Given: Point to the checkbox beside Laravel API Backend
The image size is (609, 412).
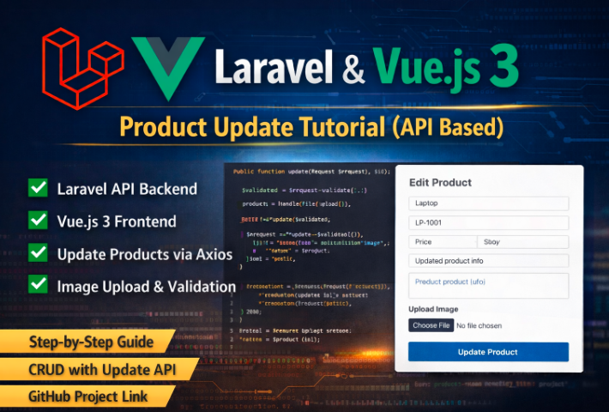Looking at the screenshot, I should [x=38, y=188].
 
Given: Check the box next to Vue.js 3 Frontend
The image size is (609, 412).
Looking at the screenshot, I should [x=38, y=221].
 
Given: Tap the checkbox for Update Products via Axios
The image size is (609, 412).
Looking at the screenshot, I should [x=38, y=253].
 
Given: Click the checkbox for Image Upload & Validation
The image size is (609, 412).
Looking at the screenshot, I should [x=38, y=285].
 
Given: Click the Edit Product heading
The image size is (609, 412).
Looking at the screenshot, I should [x=440, y=183].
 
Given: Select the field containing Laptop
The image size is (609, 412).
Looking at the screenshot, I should [x=488, y=204].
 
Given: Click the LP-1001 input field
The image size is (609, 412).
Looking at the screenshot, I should [x=488, y=223].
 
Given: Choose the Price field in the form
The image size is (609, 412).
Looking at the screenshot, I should [x=442, y=242].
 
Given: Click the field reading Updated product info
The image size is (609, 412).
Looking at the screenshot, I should [x=488, y=261].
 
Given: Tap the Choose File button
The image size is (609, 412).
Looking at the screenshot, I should [x=431, y=325].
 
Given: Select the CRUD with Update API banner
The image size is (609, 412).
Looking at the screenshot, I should [x=93, y=370].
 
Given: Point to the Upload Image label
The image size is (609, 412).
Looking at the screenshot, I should [x=433, y=309].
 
